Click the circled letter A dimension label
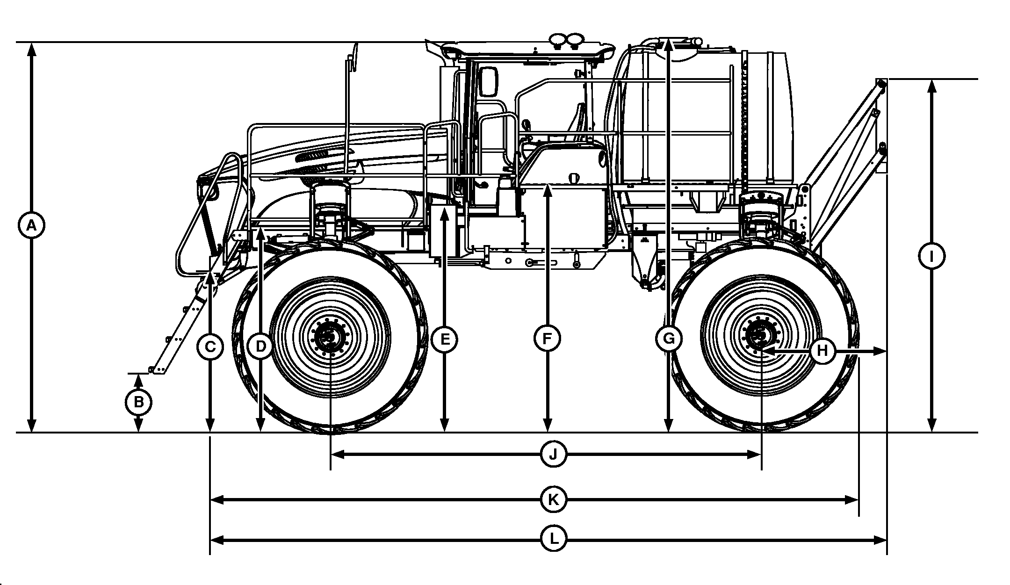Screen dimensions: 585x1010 point(31,226)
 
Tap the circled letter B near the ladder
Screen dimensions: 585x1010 point(138,402)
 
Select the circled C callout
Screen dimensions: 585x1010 point(210,347)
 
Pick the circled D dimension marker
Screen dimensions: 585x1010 point(261,347)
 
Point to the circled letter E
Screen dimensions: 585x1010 point(444,339)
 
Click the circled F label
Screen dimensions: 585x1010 point(548,339)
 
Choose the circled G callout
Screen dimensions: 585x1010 point(669,339)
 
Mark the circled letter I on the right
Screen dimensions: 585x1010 point(931,256)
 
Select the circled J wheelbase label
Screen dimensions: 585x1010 point(553,454)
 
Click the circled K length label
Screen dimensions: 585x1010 point(553,500)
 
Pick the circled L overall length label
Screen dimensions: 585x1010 point(553,541)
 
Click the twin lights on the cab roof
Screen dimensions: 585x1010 point(566,41)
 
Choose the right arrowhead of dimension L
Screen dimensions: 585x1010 point(882,541)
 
